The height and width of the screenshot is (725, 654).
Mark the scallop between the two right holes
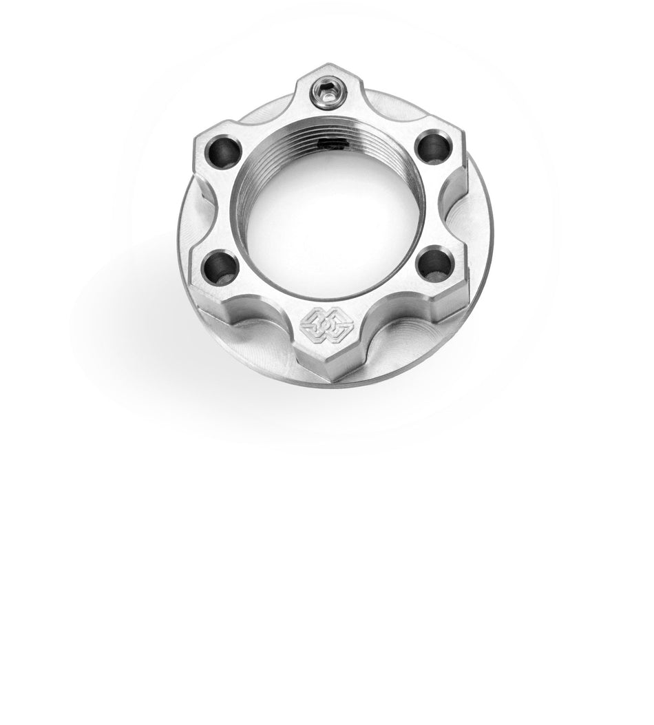(x=454, y=204)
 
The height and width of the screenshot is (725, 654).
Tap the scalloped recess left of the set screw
(x=262, y=110)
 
